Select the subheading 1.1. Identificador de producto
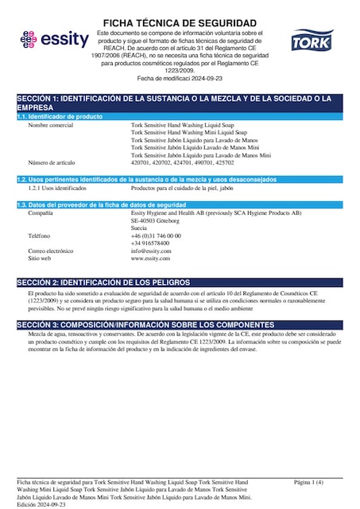click(60, 116)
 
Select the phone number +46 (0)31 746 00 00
click(156, 236)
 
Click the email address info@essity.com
click(151, 251)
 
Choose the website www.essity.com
click(151, 258)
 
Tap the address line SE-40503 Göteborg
click(158, 220)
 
